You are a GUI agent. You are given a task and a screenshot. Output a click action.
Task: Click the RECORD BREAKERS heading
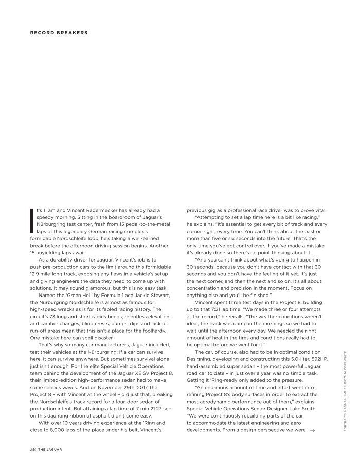pos(59,33)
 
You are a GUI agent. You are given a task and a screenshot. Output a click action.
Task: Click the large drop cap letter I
pos(32,221)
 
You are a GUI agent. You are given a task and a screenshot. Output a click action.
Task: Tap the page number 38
pos(32,449)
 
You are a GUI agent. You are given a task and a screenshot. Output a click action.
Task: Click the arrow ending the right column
pos(312,429)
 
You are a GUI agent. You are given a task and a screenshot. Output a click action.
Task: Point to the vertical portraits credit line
pos(348,386)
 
